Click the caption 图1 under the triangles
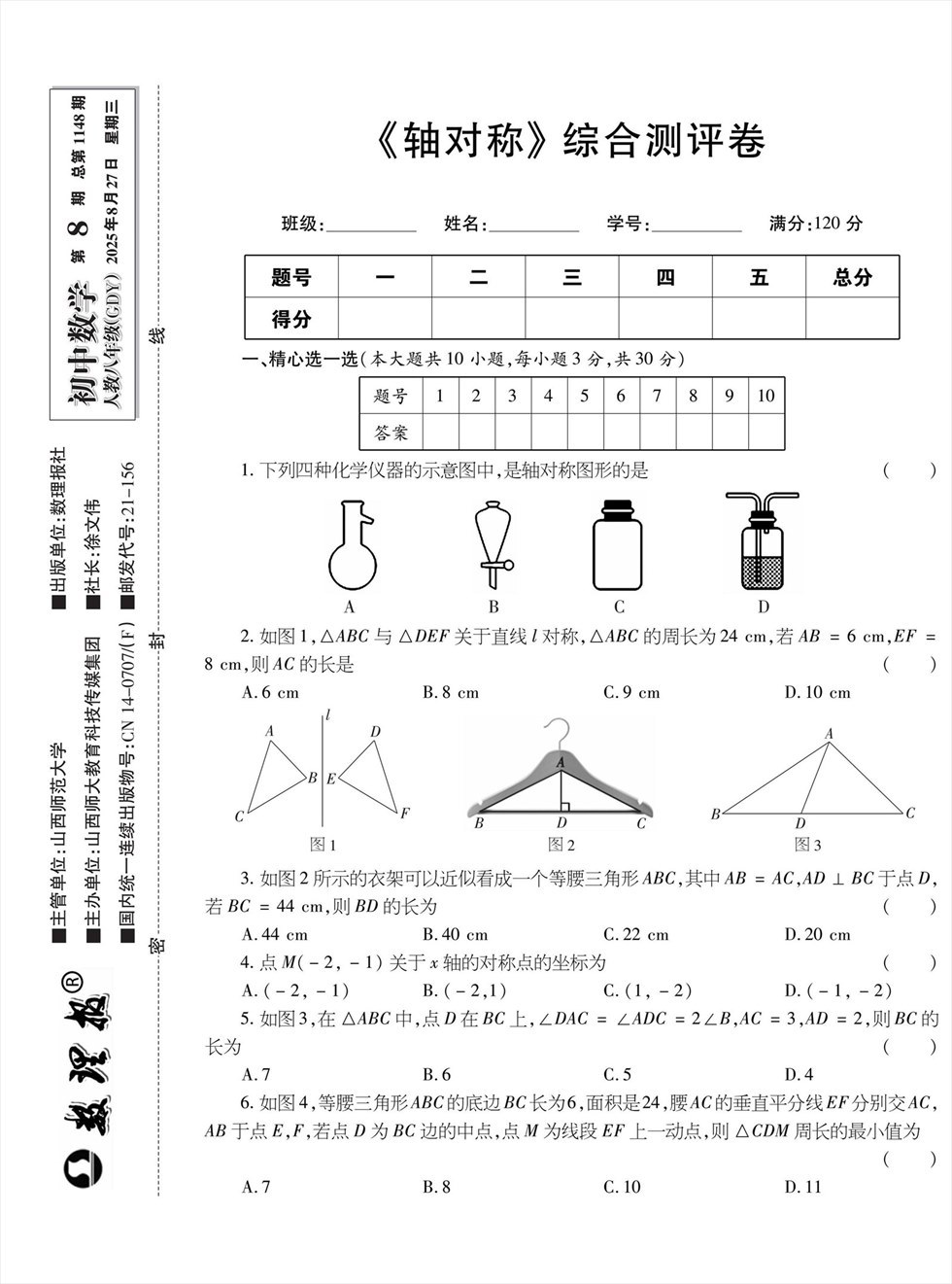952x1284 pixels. click(322, 845)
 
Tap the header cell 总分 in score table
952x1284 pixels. click(852, 277)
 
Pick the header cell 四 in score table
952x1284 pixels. click(665, 277)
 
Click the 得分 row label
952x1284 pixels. click(290, 318)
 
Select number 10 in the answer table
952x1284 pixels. click(765, 396)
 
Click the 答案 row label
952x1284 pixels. click(391, 432)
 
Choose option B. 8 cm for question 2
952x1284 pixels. click(451, 693)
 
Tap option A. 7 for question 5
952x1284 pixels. click(255, 1074)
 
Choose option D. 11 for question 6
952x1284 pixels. click(802, 1186)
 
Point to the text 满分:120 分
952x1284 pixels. click(815, 224)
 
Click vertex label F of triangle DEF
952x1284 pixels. click(404, 814)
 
